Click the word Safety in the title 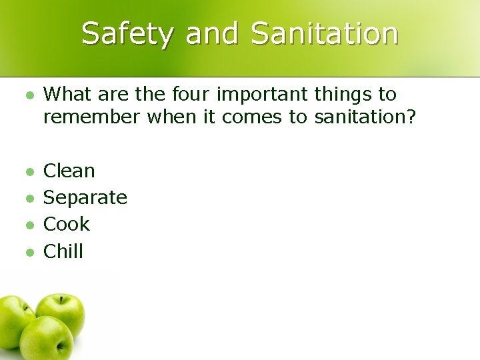[127, 33]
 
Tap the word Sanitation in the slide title [325, 33]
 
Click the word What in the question [69, 95]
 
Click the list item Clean [69, 171]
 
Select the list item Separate [85, 198]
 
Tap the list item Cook [67, 224]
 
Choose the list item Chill [63, 251]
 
